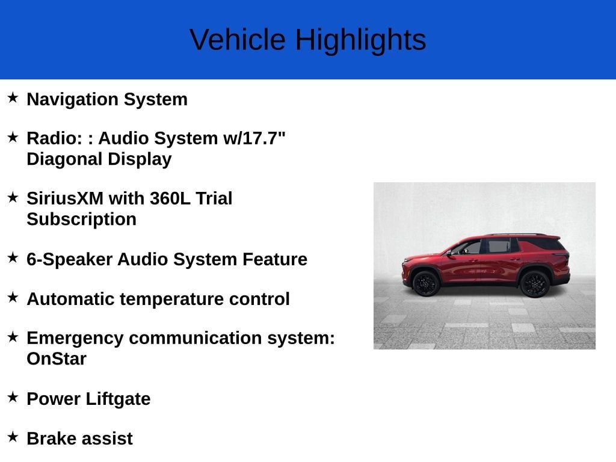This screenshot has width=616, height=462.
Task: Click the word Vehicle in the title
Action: coord(238,40)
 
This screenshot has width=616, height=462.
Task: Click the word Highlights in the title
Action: coord(361,40)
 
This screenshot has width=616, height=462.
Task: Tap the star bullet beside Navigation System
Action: coord(13,97)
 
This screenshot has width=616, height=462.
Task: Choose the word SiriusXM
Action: coord(65,199)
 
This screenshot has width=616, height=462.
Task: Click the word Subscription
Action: coord(82,220)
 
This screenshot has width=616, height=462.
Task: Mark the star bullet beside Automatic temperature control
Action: coord(13,297)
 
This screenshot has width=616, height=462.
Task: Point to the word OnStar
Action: coord(57,359)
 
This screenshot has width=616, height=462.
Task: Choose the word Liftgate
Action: coord(119,399)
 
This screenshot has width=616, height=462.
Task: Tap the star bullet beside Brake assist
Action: coord(13,437)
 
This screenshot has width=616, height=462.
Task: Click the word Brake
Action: coord(51,439)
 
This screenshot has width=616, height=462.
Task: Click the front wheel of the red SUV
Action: coord(426,283)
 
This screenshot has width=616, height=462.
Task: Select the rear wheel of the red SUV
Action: coord(535,284)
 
